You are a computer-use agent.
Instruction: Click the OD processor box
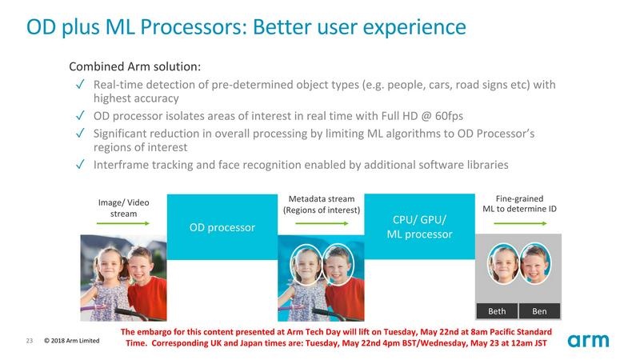point(222,228)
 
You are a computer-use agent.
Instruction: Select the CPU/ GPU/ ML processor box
point(420,227)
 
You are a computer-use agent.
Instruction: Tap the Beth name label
point(497,311)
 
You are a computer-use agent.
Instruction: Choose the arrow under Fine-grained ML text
point(519,224)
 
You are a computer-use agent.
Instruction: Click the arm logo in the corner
point(588,341)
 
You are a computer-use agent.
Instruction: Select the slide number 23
point(30,342)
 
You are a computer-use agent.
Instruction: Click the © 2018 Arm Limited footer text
point(72,342)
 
